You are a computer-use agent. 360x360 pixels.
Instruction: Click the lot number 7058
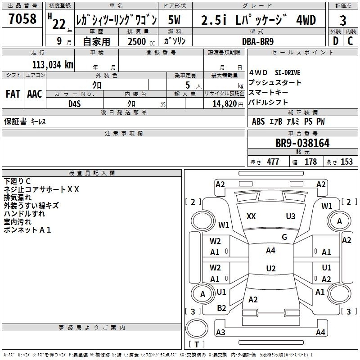[22, 18]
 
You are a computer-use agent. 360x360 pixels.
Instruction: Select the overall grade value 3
[343, 20]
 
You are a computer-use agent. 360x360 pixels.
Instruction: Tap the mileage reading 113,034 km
[53, 64]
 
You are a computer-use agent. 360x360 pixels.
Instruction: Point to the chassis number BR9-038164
[302, 143]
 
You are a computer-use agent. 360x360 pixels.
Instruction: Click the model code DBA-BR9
[258, 41]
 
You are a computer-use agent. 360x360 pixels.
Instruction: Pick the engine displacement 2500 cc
[141, 41]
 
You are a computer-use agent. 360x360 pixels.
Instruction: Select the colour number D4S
[75, 104]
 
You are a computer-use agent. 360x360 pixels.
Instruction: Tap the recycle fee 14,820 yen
[228, 104]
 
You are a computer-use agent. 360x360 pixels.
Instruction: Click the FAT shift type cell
[13, 94]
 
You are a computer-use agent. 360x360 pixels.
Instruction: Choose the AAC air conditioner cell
[35, 94]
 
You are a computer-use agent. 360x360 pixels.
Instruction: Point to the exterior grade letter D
[336, 41]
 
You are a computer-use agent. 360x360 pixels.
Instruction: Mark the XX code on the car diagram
[251, 216]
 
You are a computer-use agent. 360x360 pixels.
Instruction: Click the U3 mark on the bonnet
[290, 216]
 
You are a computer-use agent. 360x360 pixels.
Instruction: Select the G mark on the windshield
[284, 237]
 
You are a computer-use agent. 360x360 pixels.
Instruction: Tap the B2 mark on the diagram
[221, 308]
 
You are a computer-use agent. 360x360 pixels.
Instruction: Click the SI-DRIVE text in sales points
[288, 73]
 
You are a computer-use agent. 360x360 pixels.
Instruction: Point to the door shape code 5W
[174, 20]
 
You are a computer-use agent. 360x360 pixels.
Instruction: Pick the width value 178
[310, 162]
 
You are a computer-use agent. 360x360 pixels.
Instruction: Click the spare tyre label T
[197, 344]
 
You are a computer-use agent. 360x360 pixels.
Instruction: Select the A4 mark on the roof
[270, 251]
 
